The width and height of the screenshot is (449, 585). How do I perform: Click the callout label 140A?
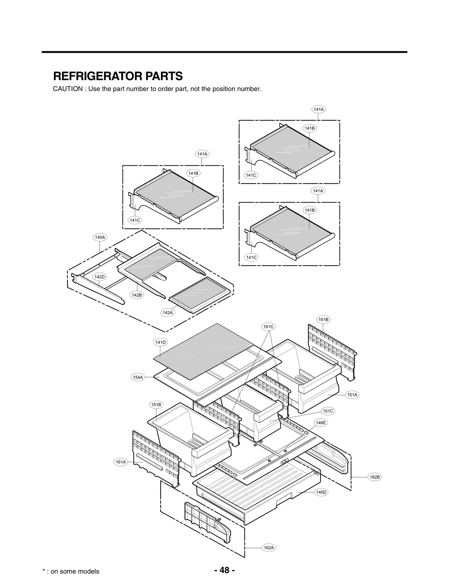[x=100, y=237]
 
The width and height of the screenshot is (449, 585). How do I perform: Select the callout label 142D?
[x=99, y=277]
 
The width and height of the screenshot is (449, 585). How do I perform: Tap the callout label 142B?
[x=137, y=295]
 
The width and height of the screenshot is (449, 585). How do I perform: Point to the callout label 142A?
[x=168, y=312]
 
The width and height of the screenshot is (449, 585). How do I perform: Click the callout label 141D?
[x=161, y=342]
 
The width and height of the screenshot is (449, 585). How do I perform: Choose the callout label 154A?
[x=138, y=377]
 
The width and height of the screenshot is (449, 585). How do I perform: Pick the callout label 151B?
[x=156, y=405]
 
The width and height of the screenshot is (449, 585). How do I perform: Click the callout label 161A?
[x=121, y=462]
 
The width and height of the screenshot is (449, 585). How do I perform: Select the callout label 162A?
[x=269, y=547]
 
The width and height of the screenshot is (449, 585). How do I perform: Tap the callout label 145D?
[x=321, y=492]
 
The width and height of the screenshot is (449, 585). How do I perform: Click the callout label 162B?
[x=375, y=477]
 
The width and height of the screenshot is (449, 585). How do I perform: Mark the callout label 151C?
[x=327, y=411]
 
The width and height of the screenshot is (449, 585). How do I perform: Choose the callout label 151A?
[x=352, y=395]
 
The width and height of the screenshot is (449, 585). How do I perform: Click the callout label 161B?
[x=323, y=319]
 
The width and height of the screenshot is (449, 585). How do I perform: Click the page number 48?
[x=224, y=570]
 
